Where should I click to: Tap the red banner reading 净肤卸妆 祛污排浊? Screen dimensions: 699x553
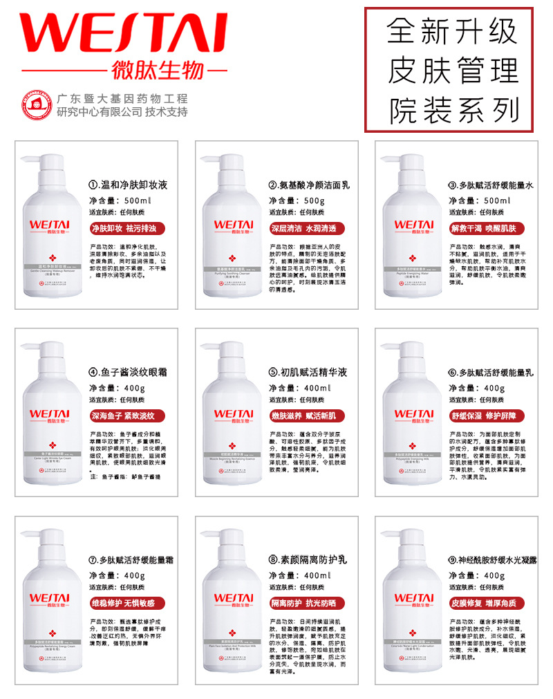pos(124,227)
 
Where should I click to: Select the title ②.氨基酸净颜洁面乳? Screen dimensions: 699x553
pos(309,185)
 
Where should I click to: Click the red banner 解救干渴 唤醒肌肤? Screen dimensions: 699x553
pos(487,227)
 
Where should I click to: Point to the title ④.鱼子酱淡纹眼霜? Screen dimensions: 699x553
pos(129,372)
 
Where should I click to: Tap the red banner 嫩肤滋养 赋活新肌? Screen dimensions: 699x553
pos(305,415)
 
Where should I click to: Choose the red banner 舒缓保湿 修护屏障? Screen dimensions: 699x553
pos(487,415)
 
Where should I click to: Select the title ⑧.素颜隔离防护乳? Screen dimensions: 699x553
pos(309,559)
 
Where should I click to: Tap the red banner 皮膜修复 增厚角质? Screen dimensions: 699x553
pos(487,603)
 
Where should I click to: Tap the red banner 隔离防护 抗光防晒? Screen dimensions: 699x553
pos(305,603)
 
